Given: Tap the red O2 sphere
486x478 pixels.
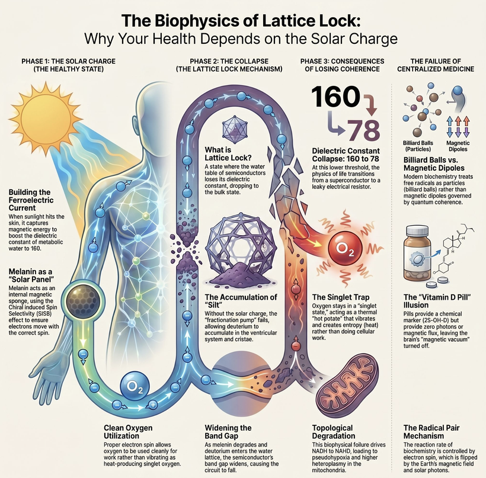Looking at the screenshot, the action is tap(345, 248).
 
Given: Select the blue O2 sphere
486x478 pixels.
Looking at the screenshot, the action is tap(135, 386).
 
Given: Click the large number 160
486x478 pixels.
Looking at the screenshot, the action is tap(335, 97).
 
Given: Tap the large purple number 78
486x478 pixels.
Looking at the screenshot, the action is tap(363, 130).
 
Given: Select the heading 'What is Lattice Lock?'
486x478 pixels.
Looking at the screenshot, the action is tap(228, 153).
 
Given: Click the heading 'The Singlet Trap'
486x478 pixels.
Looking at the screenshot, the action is tap(341, 297).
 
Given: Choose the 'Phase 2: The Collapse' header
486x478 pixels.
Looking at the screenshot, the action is tap(229, 61).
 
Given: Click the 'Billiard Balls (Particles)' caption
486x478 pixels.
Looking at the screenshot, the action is tap(418, 146).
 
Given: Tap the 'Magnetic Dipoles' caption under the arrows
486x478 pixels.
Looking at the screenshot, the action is tap(458, 146).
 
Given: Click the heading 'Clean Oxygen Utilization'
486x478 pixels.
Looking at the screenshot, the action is tap(128, 432).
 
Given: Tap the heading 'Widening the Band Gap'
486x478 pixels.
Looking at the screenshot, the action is tap(228, 432).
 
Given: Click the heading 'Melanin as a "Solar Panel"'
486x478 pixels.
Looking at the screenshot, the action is tap(30, 275).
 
